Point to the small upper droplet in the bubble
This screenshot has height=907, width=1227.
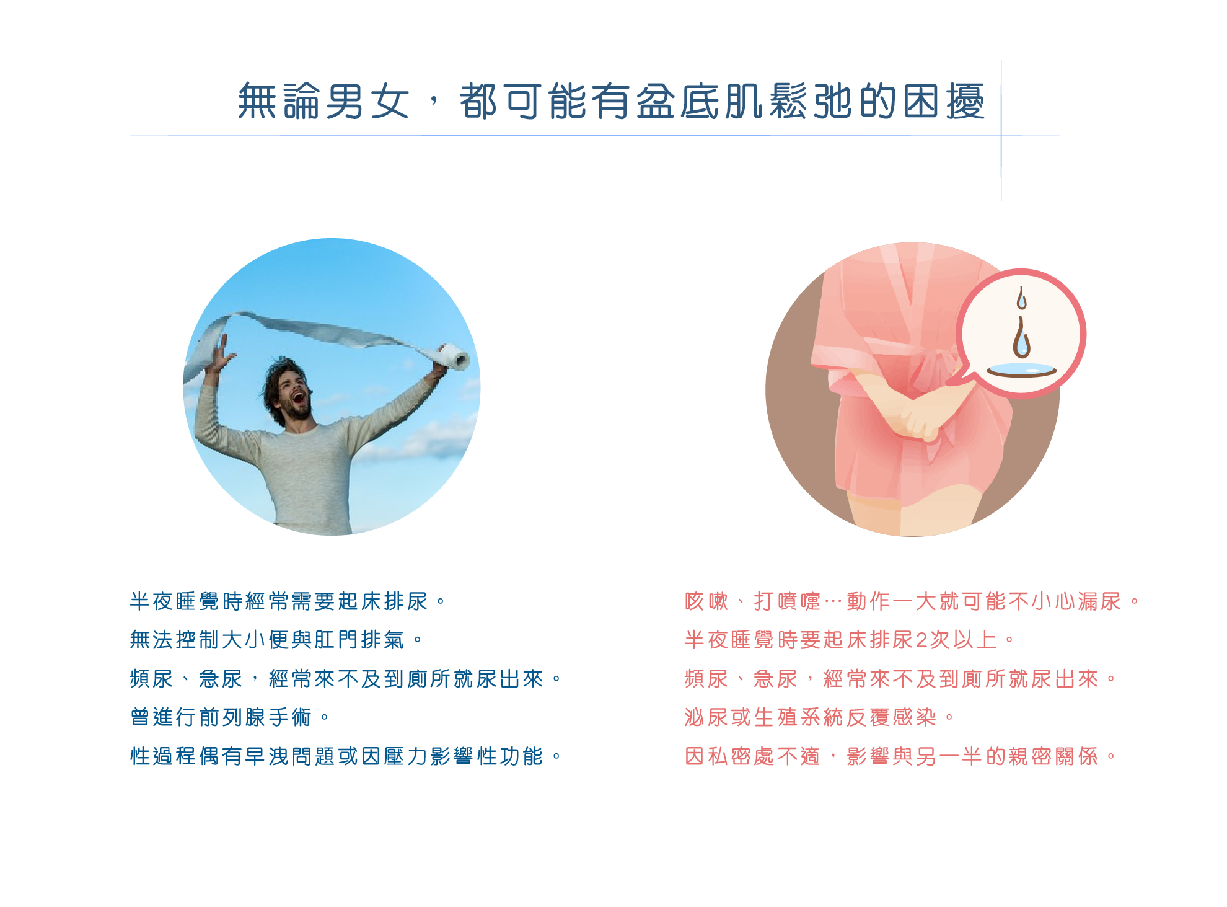(x=1022, y=298)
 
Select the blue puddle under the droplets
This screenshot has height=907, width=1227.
(x=1022, y=370)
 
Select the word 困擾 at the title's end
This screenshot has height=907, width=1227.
(x=944, y=101)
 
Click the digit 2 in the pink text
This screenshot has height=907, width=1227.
(x=921, y=640)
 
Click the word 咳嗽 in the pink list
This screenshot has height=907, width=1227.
(x=706, y=601)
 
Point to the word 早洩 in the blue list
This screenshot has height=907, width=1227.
(x=268, y=756)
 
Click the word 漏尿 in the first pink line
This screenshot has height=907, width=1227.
(x=1099, y=601)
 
